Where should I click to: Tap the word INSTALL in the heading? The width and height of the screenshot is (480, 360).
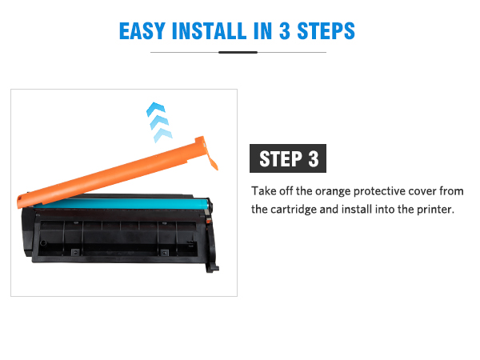click(210, 31)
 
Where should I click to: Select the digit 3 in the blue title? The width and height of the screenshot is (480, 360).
click(285, 31)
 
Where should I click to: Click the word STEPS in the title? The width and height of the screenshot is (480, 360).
click(326, 31)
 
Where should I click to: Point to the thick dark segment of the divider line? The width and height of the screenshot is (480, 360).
click(238, 52)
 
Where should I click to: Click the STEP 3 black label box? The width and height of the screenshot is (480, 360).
click(288, 158)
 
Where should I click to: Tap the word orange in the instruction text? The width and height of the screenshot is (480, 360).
click(333, 192)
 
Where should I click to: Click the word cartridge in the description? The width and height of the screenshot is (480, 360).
click(294, 210)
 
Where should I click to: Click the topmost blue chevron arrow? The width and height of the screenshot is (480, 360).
click(156, 109)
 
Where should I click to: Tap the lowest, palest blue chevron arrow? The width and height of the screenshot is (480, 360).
click(163, 135)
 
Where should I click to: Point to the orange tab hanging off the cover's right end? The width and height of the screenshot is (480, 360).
click(212, 162)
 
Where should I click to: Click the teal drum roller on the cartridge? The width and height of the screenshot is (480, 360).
click(122, 203)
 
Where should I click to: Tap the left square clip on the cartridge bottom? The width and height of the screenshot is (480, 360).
click(75, 252)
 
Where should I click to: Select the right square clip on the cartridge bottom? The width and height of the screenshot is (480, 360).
click(165, 253)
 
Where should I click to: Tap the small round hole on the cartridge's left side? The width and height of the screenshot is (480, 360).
click(43, 243)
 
